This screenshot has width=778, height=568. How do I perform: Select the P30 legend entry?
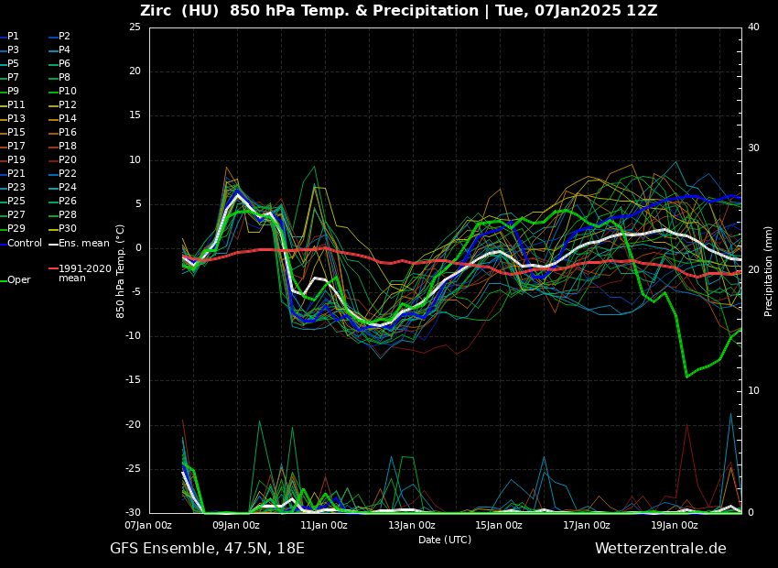[x=68, y=229]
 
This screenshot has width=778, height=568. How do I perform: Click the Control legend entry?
[x=25, y=244]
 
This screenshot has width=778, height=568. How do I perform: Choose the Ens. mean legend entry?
[x=83, y=244]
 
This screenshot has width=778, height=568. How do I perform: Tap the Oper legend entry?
[x=18, y=280]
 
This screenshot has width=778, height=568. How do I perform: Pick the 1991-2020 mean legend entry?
[x=84, y=273]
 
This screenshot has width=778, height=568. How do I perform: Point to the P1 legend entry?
[x=13, y=37]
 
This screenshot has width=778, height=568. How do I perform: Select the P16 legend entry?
[x=68, y=133]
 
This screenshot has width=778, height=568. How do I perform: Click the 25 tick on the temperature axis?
[x=135, y=27]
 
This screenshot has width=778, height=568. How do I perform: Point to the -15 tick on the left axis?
[x=133, y=380]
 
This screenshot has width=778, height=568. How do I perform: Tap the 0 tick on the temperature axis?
[x=137, y=248]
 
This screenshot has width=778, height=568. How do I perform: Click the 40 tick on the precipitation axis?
[x=753, y=27]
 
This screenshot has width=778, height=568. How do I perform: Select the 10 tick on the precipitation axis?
[x=753, y=391]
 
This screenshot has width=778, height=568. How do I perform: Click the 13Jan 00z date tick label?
[x=411, y=525]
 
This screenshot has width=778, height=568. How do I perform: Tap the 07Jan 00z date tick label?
[x=148, y=525]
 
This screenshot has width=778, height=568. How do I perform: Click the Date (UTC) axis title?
[x=445, y=540]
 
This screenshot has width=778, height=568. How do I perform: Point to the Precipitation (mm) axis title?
[x=769, y=270]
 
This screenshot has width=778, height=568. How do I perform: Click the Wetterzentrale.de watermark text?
[x=660, y=549]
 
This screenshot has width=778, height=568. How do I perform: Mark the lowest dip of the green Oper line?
[x=686, y=377]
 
